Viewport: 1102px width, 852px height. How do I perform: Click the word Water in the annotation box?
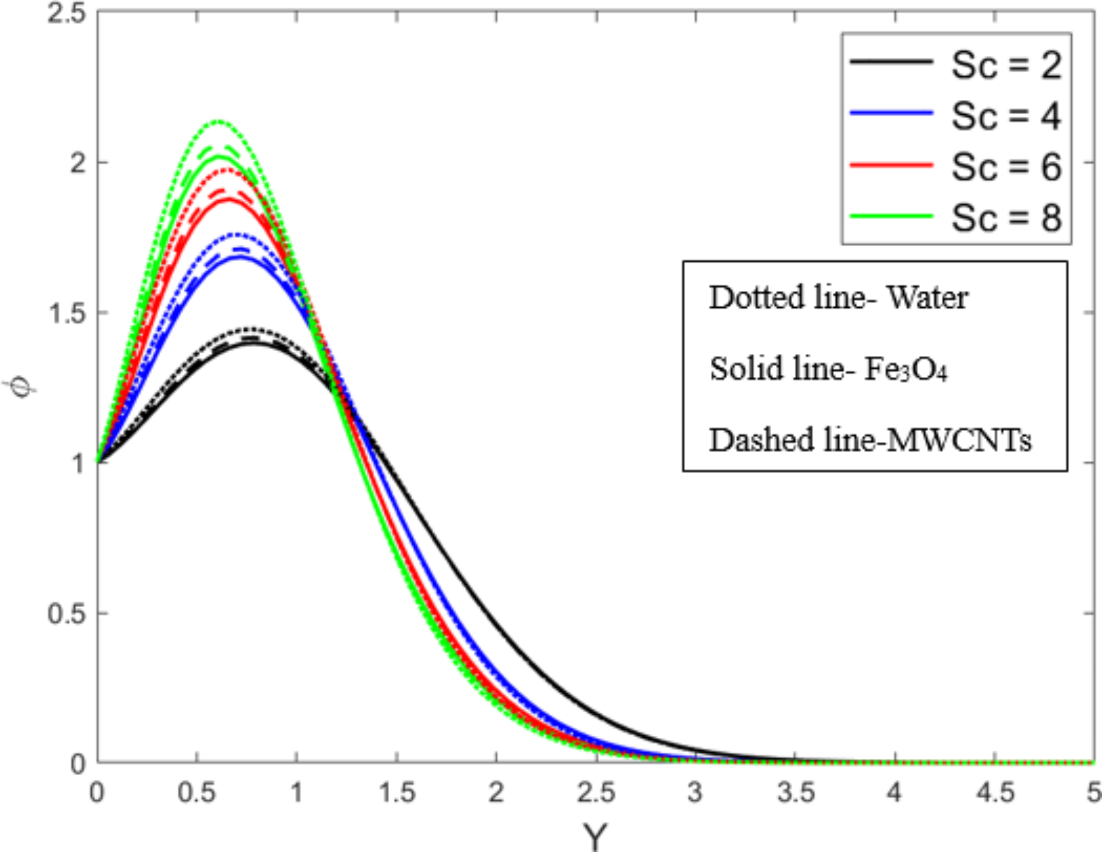(927, 298)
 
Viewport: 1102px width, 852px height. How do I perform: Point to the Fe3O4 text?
(906, 369)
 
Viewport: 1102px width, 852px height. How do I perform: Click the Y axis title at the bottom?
(595, 837)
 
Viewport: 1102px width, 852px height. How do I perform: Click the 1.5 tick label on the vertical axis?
(66, 313)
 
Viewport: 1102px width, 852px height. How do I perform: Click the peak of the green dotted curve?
(220, 121)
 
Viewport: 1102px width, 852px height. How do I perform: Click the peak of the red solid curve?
(228, 200)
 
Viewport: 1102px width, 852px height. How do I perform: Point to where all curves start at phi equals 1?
(98, 462)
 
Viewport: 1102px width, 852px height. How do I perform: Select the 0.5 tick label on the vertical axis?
(66, 613)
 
